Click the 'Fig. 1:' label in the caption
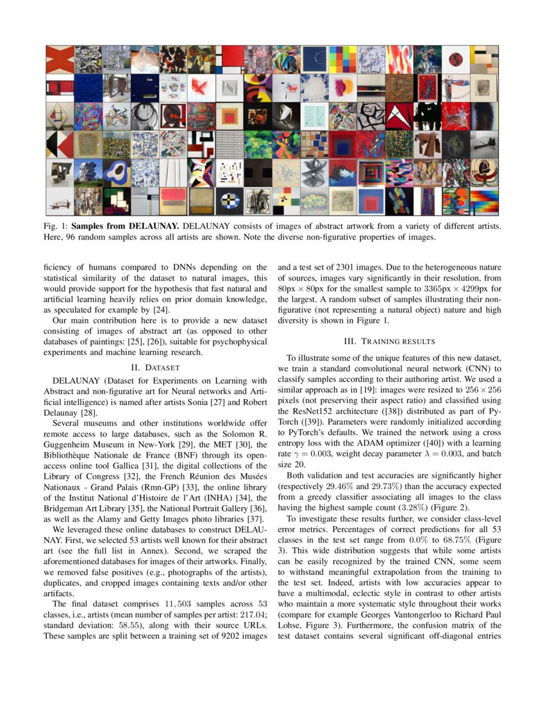click(x=56, y=226)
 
